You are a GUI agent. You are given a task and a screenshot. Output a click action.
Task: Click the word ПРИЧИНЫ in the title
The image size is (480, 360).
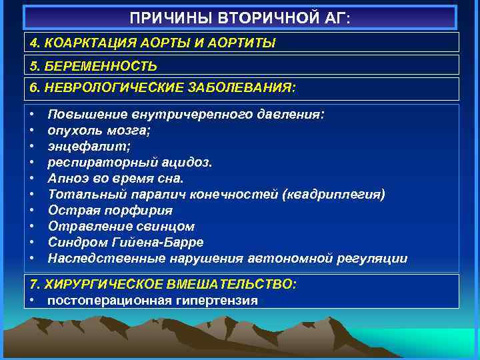click(x=164, y=17)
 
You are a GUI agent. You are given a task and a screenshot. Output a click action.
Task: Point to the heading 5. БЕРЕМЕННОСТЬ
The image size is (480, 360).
click(x=93, y=65)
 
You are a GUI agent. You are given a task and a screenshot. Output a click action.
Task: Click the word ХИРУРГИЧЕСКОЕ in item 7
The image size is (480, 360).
click(x=115, y=284)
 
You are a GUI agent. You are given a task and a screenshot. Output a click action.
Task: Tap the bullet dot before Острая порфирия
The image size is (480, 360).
click(x=33, y=210)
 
